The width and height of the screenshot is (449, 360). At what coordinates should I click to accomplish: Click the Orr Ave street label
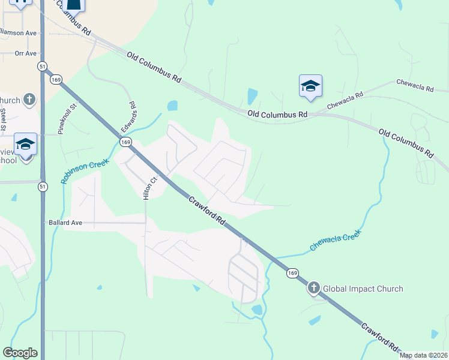click(x=26, y=53)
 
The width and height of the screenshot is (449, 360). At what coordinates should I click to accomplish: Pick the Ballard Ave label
click(x=65, y=223)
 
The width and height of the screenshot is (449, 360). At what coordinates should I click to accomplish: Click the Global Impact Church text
click(x=363, y=289)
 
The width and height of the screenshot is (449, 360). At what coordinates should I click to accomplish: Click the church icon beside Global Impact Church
click(x=313, y=289)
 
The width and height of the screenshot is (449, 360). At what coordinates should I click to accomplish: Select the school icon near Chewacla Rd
click(x=310, y=86)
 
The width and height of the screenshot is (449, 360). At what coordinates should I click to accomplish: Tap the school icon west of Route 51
click(x=26, y=145)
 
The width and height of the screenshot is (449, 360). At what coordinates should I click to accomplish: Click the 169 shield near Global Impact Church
click(x=292, y=273)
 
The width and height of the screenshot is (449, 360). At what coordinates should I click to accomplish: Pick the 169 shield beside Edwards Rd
click(x=125, y=142)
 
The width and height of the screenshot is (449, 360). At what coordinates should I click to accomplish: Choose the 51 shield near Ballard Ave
click(x=42, y=187)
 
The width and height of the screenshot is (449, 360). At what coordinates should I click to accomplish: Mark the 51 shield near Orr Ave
click(x=41, y=66)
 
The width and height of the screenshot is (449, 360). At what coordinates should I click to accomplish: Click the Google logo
click(x=20, y=353)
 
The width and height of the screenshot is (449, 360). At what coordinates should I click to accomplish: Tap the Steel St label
click(x=4, y=118)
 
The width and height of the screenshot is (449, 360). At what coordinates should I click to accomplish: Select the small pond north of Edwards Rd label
click(x=173, y=106)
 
